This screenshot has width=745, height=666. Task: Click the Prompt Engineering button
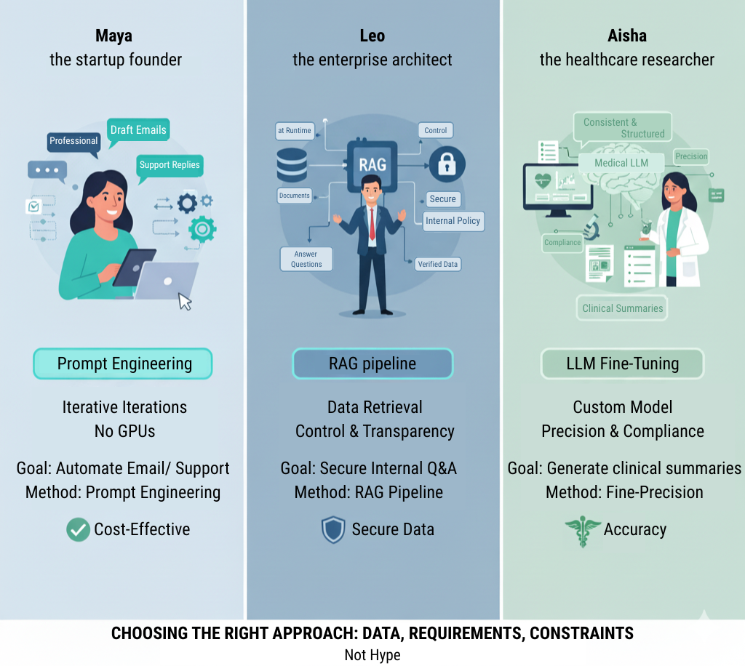pyautogui.click(x=123, y=364)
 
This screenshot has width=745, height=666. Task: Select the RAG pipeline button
pyautogui.click(x=372, y=364)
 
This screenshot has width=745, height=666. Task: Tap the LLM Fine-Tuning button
pyautogui.click(x=622, y=364)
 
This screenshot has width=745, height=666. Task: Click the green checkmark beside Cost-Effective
pyautogui.click(x=78, y=529)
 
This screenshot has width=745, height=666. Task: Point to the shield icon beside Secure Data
pyautogui.click(x=333, y=530)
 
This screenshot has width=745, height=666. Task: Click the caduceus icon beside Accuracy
pyautogui.click(x=582, y=530)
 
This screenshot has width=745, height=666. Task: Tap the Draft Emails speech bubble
pyautogui.click(x=138, y=131)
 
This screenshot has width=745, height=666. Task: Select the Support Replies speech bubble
pyautogui.click(x=170, y=165)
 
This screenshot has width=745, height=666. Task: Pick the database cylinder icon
pyautogui.click(x=292, y=165)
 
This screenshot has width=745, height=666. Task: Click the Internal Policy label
pyautogui.click(x=453, y=221)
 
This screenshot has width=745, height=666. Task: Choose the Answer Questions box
pyautogui.click(x=306, y=259)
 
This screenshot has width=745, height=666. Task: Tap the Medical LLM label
pyautogui.click(x=621, y=163)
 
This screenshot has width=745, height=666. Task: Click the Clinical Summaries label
pyautogui.click(x=623, y=308)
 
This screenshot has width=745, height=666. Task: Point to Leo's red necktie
pyautogui.click(x=372, y=225)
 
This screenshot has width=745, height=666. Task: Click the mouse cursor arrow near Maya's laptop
pyautogui.click(x=186, y=301)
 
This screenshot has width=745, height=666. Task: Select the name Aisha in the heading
pyautogui.click(x=627, y=36)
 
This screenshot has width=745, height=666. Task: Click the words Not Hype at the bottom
pyautogui.click(x=372, y=655)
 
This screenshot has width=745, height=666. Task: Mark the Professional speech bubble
pyautogui.click(x=73, y=141)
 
